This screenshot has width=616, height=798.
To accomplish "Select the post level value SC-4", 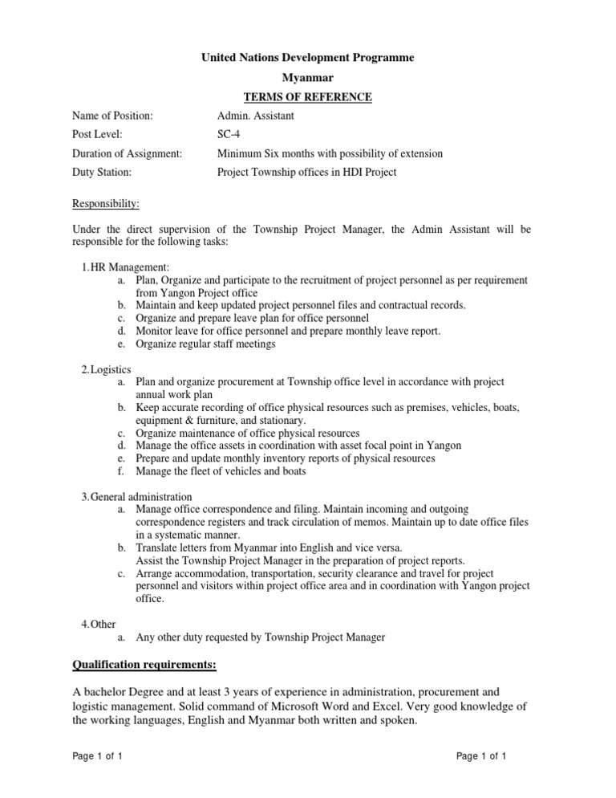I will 229,135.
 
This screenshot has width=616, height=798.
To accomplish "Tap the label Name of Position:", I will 112,116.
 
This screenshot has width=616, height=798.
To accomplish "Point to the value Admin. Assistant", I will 256,116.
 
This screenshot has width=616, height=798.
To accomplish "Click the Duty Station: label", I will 102,172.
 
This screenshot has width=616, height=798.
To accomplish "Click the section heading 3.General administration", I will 136,496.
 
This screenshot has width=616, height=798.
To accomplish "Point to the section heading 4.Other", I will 99,624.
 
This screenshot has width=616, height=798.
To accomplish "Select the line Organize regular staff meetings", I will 205,344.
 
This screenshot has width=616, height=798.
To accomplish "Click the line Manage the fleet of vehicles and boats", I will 221,471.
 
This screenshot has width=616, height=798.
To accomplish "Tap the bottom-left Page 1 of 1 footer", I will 98,756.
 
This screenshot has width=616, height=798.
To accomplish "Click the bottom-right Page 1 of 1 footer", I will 481,756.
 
